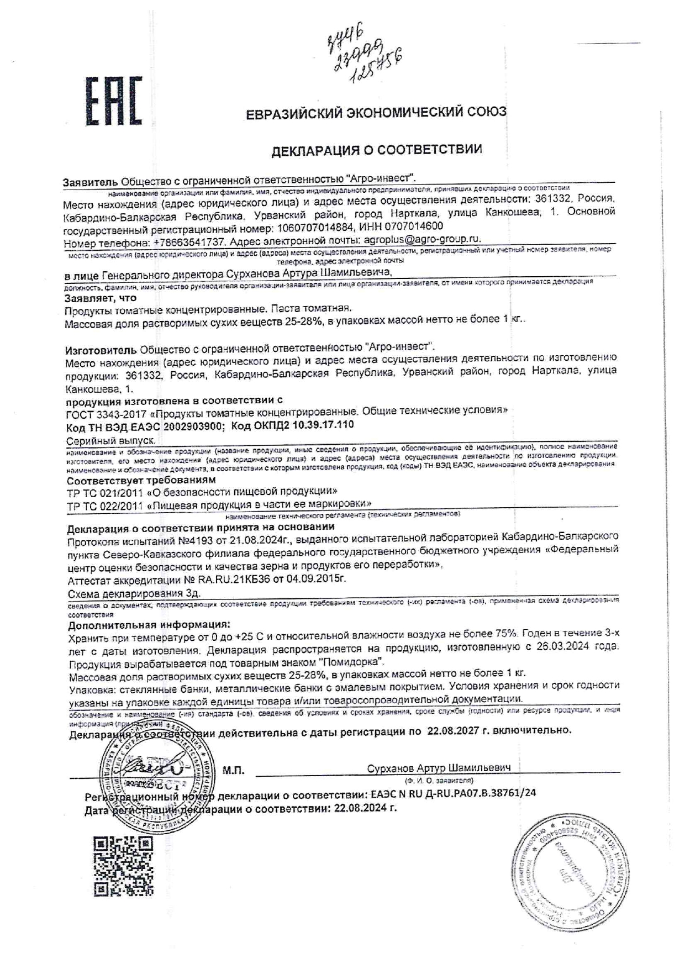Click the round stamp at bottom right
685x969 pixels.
pyautogui.click(x=572, y=873)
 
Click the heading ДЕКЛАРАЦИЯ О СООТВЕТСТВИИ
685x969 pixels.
pyautogui.click(x=376, y=149)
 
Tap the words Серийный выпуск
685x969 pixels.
pyautogui.click(x=110, y=441)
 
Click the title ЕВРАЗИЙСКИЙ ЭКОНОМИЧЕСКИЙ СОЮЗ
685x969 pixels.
pyautogui.click(x=376, y=113)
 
